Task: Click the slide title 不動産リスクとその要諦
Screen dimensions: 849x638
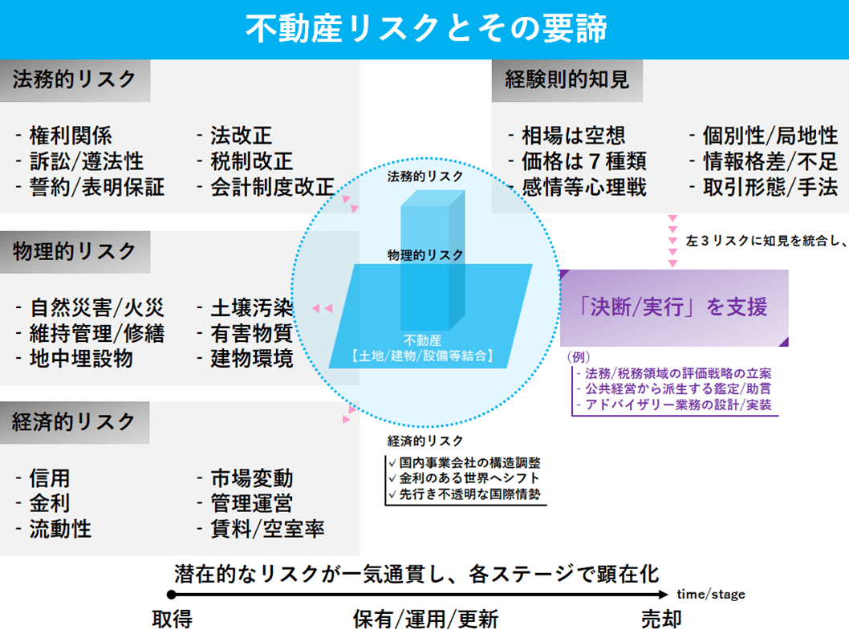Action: [x=426, y=28]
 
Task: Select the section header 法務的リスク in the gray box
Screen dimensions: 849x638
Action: [x=75, y=80]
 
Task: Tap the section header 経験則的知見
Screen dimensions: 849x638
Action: [x=567, y=80]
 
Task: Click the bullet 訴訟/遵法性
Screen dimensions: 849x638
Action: [x=87, y=161]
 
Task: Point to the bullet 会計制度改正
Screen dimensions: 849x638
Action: [x=272, y=187]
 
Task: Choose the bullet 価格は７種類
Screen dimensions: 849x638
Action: [x=584, y=161]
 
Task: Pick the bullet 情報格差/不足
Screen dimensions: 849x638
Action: [x=770, y=161]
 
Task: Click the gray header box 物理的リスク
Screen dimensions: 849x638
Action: [x=75, y=252]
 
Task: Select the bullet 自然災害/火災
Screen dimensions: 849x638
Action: [x=97, y=307]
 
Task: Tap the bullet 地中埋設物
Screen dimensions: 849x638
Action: [x=81, y=359]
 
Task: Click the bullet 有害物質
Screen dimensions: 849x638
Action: [x=252, y=333]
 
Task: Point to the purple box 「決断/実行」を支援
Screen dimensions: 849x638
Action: [x=674, y=307]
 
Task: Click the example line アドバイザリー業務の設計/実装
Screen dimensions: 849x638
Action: [x=678, y=404]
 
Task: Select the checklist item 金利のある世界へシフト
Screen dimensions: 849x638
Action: [x=469, y=478]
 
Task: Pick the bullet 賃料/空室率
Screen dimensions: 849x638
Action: [x=267, y=529]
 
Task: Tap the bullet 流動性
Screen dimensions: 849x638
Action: [x=60, y=529]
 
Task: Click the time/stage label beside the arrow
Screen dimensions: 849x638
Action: [x=711, y=594]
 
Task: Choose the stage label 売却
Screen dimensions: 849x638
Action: [x=661, y=619]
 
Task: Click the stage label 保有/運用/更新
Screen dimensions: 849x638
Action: [x=425, y=619]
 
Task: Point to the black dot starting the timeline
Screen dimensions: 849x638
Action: [x=172, y=595]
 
